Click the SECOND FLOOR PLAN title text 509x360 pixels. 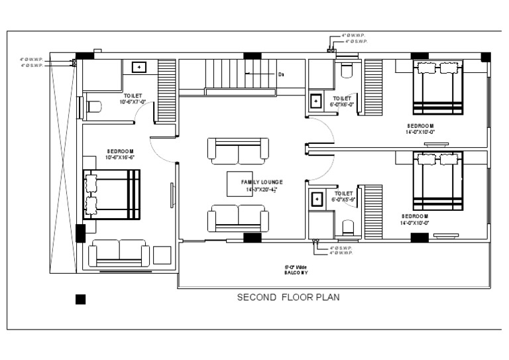pos(288,298)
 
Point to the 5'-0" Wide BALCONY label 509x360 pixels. pos(297,270)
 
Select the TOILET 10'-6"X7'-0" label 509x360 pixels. pos(133,99)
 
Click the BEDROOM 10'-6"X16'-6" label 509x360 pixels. pos(121,154)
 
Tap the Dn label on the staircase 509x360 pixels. pos(281,74)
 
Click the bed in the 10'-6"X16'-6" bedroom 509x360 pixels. pos(111,193)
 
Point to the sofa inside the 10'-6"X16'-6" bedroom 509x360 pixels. pos(119,253)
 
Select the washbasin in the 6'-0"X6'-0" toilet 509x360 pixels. pos(317,101)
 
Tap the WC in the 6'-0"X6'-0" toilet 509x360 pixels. pos(346,70)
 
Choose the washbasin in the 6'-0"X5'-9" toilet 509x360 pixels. pos(317,200)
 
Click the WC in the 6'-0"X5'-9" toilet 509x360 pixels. pos(347,229)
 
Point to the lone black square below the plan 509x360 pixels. pos(80,299)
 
